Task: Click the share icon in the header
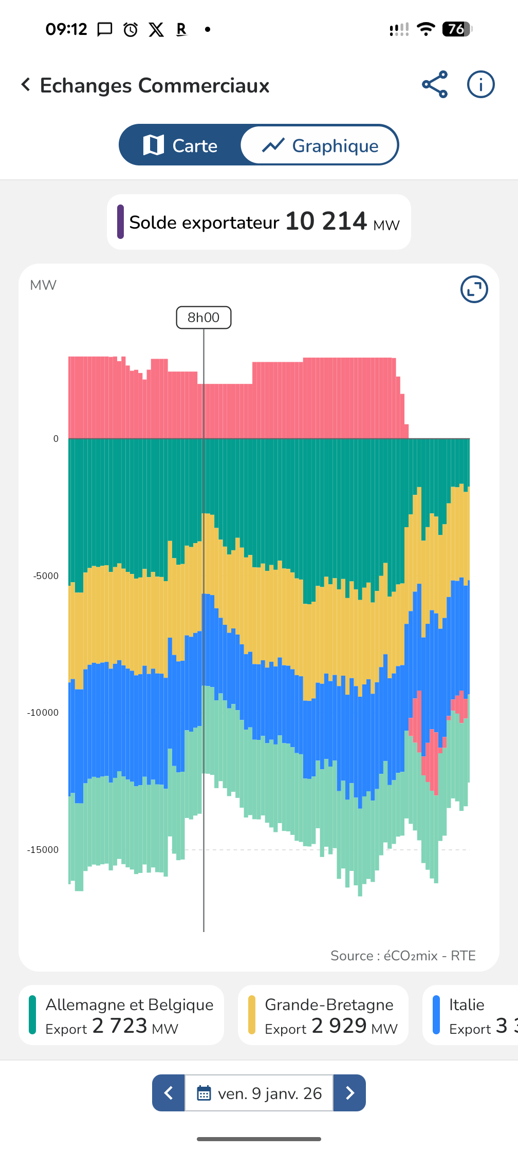click(x=435, y=85)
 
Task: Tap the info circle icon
click(x=480, y=85)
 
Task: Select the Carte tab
click(x=180, y=145)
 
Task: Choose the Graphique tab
click(x=320, y=145)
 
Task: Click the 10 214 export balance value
click(x=326, y=221)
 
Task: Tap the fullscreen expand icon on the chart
click(x=474, y=289)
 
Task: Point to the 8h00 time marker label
click(x=203, y=318)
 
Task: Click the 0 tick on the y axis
click(x=56, y=439)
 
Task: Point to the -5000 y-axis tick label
click(x=46, y=576)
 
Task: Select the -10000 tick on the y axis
click(x=43, y=713)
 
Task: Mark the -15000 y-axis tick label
click(x=43, y=850)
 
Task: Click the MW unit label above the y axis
click(x=43, y=285)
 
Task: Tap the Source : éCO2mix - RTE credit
click(x=403, y=956)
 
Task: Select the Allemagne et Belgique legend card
click(x=121, y=1015)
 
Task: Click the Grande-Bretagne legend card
click(x=323, y=1015)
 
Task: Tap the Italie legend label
click(x=467, y=1005)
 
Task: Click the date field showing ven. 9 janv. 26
click(x=259, y=1093)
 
